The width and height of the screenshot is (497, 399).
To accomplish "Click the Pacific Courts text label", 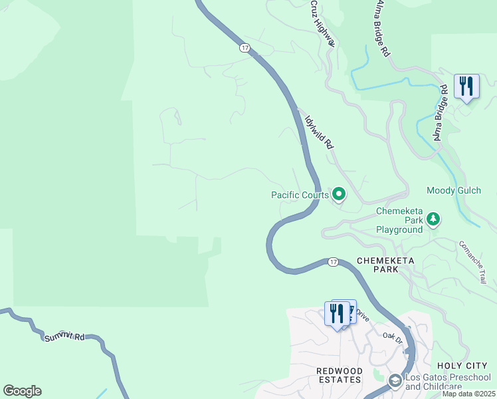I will (x=300, y=195).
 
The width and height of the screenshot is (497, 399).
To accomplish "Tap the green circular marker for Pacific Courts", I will (x=340, y=194).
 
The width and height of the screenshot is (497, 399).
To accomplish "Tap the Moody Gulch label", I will (x=455, y=190).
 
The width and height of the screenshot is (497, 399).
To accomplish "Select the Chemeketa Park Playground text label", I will (x=399, y=220).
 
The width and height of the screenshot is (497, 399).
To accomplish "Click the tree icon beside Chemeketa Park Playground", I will (x=433, y=219).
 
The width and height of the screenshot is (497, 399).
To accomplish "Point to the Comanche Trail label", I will (x=472, y=262).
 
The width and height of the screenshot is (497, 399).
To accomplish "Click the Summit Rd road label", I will (x=64, y=336).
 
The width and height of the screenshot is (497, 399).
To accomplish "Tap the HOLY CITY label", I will (x=462, y=366).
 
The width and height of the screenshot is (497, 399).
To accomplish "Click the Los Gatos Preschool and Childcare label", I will (x=447, y=382).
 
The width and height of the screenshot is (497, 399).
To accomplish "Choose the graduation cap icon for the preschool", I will (x=395, y=380).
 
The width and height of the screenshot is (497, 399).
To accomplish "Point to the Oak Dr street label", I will (x=393, y=337).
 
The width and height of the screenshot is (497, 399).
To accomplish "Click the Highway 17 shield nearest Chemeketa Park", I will (x=333, y=262).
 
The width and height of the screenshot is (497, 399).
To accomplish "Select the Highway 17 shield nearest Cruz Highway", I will (x=245, y=48).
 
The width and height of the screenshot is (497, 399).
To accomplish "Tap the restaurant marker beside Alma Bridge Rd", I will (x=466, y=87).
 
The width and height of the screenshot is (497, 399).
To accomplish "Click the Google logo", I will (x=22, y=390).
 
